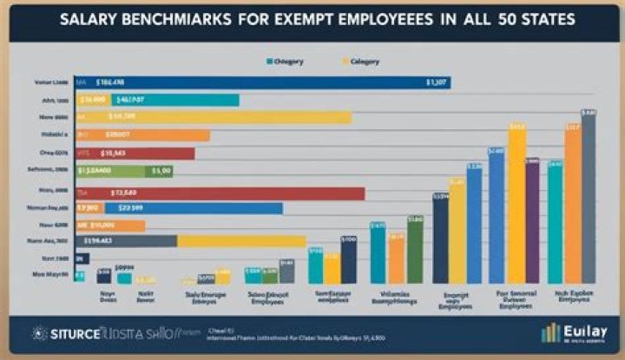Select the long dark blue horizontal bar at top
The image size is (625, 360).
260,82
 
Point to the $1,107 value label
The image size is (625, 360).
436,83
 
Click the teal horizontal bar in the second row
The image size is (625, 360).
156,100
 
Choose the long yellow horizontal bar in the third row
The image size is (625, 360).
217,117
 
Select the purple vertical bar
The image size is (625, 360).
532,221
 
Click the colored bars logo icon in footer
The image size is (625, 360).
550,333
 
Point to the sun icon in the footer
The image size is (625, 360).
38,333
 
